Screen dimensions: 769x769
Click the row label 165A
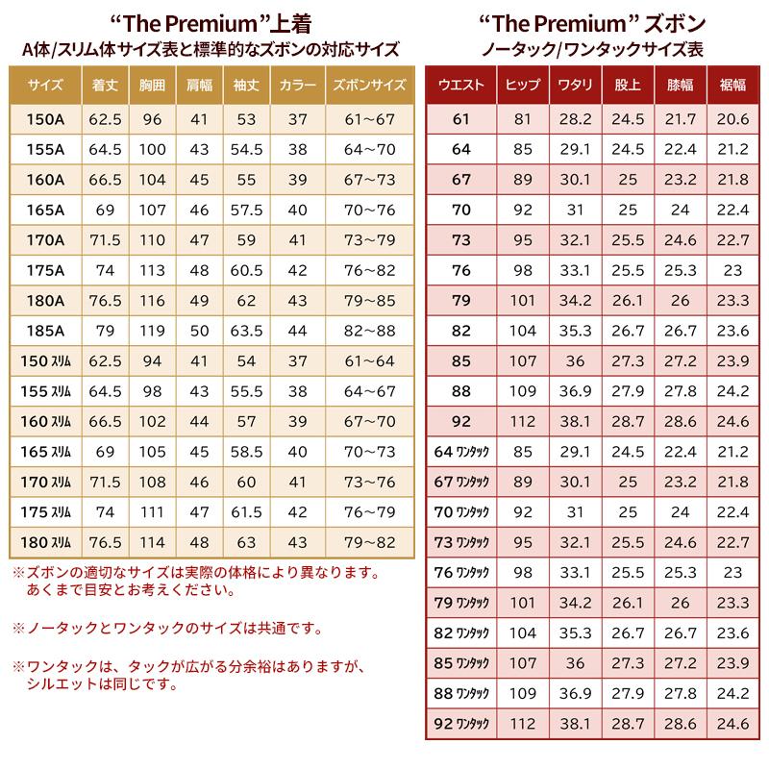[45, 210]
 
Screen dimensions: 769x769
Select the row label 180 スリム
[45, 542]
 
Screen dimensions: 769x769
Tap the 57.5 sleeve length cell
[247, 210]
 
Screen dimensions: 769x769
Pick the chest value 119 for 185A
[153, 332]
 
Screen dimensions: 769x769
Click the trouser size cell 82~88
[370, 332]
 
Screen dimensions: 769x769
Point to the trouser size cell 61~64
[370, 361]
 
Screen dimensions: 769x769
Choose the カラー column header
[298, 85]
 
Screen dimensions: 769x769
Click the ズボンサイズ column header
[370, 85]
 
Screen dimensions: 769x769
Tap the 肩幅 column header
[200, 85]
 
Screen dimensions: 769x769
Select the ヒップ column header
[522, 85]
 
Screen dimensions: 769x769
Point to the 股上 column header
[628, 85]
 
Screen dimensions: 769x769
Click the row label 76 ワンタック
[461, 573]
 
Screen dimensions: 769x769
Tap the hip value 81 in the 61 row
[522, 119]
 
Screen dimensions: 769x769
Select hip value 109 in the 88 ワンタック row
[522, 693]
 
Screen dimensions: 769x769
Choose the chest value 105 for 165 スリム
[153, 452]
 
